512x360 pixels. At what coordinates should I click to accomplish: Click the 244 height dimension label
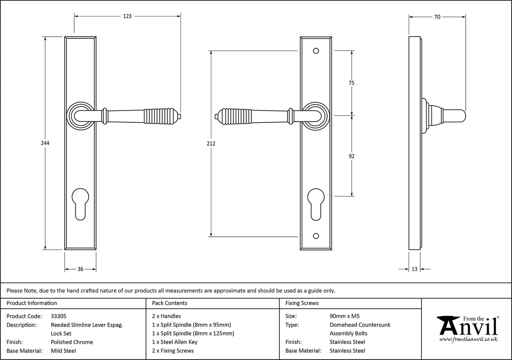tap(45, 143)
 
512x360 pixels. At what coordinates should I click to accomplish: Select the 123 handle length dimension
tap(127, 16)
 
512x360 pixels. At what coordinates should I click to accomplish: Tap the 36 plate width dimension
tap(80, 269)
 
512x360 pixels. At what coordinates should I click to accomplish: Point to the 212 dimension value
tap(211, 143)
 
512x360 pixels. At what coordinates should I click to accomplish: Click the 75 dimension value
tap(351, 83)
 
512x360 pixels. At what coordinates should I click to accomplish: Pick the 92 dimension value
tap(352, 156)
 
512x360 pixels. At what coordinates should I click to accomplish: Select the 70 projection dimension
tap(437, 17)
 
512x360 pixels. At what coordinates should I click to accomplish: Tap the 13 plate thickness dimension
tap(414, 269)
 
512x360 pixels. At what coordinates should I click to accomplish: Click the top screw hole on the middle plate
tap(316, 51)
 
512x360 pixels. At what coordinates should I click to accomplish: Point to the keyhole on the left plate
tap(80, 203)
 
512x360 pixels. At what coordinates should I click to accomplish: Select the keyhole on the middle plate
tap(316, 203)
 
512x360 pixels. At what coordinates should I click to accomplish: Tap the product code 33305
tap(58, 316)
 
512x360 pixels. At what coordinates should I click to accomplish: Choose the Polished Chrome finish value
tap(72, 342)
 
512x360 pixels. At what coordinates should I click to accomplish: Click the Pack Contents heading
tap(170, 303)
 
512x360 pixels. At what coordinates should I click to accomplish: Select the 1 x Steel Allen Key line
tap(175, 342)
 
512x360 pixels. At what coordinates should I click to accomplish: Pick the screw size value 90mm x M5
tap(345, 316)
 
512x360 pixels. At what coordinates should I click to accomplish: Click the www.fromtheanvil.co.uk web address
tap(468, 339)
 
